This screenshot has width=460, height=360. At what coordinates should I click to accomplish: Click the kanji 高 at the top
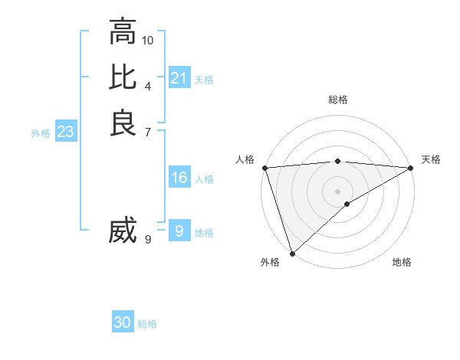123,32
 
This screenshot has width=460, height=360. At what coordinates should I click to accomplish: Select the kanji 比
123,78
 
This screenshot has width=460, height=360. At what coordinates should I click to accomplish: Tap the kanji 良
123,123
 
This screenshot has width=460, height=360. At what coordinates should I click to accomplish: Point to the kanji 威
123,231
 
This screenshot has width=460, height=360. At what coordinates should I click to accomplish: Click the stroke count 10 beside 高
148,40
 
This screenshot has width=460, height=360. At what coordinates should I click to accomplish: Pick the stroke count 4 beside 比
148,86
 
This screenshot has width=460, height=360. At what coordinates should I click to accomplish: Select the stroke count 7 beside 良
148,131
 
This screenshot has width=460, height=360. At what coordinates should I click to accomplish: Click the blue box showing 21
179,78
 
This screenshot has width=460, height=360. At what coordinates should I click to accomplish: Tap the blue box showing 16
179,178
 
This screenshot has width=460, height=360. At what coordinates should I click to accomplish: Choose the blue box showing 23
66,132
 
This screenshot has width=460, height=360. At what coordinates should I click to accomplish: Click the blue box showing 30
123,322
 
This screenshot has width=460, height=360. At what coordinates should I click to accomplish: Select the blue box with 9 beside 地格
179,231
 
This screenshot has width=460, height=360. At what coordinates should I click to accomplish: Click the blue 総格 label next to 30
147,324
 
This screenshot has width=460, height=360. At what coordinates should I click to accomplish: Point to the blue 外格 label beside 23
41,133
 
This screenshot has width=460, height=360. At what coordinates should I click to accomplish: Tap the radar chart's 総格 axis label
338,100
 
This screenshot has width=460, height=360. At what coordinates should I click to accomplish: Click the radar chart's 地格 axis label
402,262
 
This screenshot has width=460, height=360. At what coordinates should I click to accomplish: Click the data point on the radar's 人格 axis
264,168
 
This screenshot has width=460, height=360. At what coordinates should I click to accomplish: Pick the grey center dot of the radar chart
338,191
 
